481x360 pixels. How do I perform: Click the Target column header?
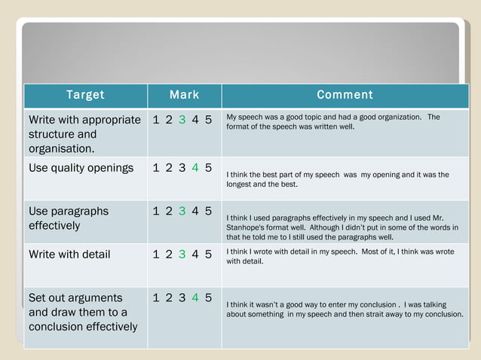click(x=85, y=95)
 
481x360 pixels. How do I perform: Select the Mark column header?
click(x=184, y=95)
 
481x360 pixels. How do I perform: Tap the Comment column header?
click(x=345, y=95)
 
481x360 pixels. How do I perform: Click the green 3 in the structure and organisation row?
click(x=182, y=120)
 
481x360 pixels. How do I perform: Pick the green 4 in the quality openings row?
click(x=195, y=168)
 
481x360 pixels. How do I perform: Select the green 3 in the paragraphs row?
click(x=182, y=212)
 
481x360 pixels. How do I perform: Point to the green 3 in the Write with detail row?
click(x=182, y=255)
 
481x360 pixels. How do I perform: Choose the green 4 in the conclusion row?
click(x=195, y=298)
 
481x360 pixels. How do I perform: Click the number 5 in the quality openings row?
click(x=208, y=168)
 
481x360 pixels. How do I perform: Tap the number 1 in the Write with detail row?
click(x=156, y=255)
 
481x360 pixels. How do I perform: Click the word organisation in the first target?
click(x=61, y=148)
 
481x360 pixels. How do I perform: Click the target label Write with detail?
click(x=69, y=255)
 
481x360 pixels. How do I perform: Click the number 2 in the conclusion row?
click(x=169, y=298)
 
